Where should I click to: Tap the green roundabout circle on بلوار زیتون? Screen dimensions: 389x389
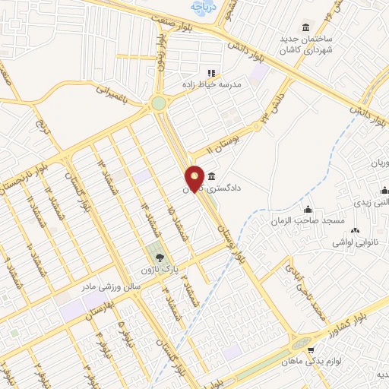158,103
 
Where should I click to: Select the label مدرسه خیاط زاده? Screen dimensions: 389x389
210,84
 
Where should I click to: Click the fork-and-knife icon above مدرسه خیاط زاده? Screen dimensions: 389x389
210,73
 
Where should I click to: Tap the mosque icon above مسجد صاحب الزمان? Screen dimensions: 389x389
307,208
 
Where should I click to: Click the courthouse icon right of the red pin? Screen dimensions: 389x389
210,176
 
